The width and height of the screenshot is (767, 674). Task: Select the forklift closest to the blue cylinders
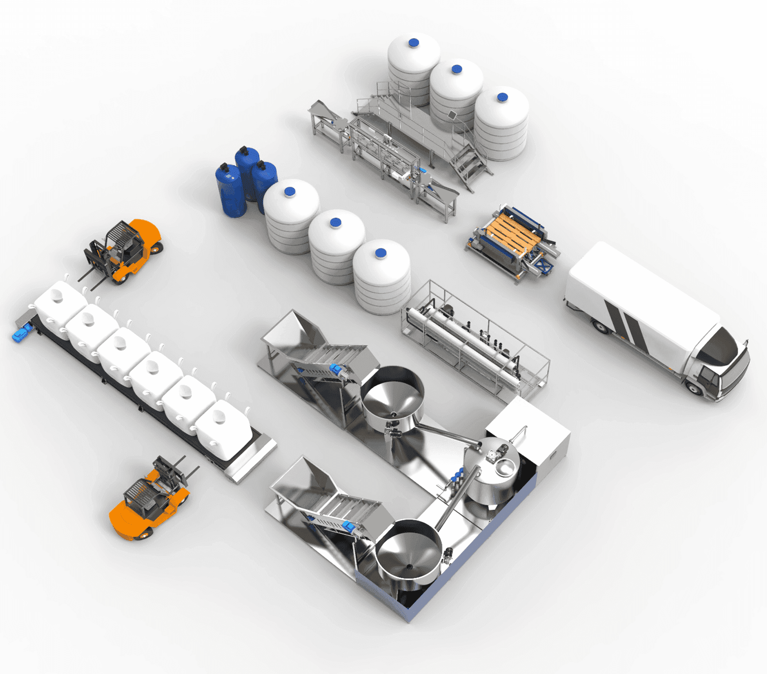point(124,250)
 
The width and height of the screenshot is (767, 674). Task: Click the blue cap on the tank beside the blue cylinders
point(290,191)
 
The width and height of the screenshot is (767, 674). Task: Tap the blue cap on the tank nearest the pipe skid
point(380,253)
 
